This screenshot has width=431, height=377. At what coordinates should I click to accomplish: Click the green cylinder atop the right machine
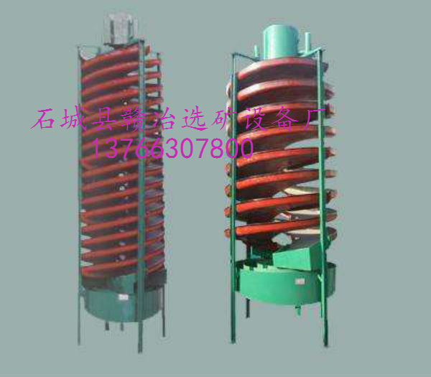point(280,42)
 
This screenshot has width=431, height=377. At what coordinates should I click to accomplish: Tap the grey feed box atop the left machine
point(121,28)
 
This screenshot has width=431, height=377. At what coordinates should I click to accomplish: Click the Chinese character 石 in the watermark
point(43,118)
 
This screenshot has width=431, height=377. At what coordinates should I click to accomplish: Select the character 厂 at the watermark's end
point(314,118)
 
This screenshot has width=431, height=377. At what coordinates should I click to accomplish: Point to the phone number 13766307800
point(173,149)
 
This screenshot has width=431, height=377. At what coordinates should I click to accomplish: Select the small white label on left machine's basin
point(123,297)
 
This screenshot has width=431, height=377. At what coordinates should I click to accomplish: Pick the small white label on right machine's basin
point(300,281)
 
